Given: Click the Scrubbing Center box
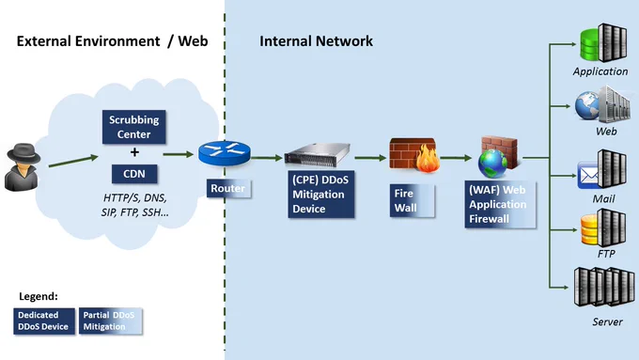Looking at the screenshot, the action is pos(134,127).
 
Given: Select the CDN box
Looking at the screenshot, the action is pos(134,174).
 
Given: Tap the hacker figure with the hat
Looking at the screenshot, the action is pos(23,166).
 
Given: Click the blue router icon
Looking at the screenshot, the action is pos(225,153).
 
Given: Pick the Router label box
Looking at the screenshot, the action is pos(228,188).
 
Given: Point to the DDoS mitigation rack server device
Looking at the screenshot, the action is pos(318,155).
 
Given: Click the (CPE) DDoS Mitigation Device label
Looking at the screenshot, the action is pos(321,194).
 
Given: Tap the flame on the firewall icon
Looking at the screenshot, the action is pos(428,159).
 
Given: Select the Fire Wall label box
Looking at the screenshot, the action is pos(412,200).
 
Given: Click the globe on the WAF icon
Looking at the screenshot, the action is pos(493,164).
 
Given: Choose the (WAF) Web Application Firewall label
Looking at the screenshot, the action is pos(500,204).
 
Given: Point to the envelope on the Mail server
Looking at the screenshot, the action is pos(588,176).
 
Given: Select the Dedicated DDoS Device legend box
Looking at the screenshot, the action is pos(44,321).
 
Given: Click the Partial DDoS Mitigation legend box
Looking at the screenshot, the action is pos(111,321).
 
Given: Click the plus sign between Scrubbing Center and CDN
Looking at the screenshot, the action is pos(134,152).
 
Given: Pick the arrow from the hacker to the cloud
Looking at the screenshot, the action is pos(73,161).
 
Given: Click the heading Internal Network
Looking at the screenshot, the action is pos(317,41).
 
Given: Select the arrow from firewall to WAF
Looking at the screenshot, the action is pos(456,158).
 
